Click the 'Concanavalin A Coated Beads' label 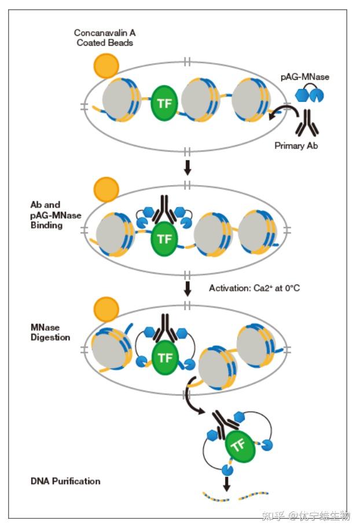(105, 38)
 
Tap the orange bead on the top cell (106, 66)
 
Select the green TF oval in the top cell (164, 103)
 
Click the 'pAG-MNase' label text (305, 77)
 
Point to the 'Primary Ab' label (296, 146)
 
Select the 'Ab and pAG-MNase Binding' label (56, 215)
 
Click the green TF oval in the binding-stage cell (164, 239)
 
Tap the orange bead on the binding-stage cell (106, 189)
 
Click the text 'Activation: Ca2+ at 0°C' (254, 288)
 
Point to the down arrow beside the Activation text (187, 288)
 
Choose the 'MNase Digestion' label (50, 332)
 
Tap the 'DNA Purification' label (65, 481)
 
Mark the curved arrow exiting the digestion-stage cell (190, 396)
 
